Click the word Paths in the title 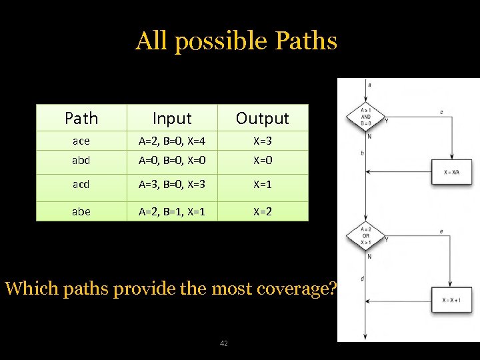point(305,41)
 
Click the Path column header point(81,119)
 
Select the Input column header point(172,119)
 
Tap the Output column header point(263,119)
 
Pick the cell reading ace point(81,141)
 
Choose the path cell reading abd point(81,161)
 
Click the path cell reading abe point(81,211)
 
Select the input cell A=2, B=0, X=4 point(172,141)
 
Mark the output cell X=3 point(263,141)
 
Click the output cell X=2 point(263,211)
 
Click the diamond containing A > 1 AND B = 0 point(366,118)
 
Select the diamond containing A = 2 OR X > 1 point(366,237)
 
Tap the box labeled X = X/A point(451,171)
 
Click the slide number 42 point(223,343)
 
